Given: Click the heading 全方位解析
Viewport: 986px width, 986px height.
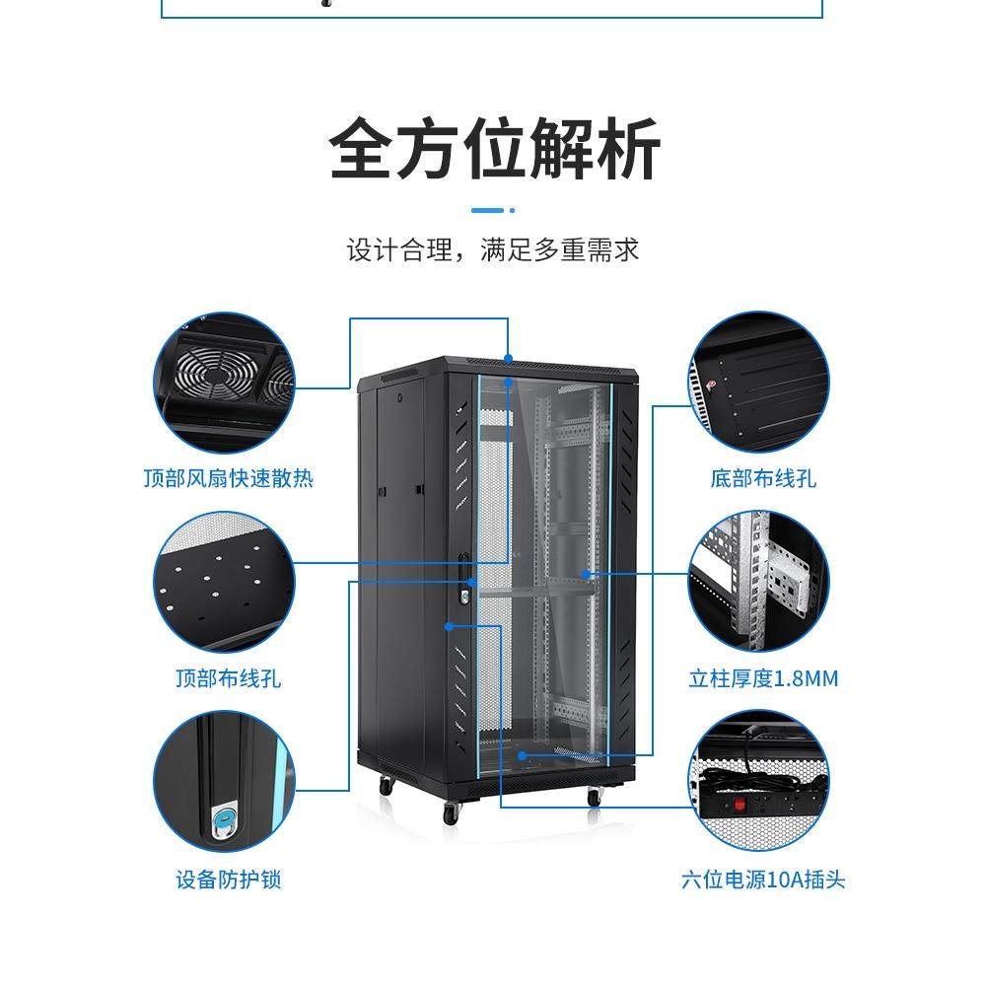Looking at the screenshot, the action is (x=493, y=148).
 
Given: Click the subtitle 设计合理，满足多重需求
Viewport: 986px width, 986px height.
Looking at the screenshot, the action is (x=493, y=248).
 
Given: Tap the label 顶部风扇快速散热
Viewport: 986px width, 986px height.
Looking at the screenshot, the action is (x=228, y=479).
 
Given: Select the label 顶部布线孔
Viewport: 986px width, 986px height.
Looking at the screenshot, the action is (x=228, y=678).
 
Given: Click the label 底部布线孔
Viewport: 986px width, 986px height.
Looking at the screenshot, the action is (x=763, y=479).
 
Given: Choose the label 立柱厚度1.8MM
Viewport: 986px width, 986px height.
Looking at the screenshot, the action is (x=763, y=678).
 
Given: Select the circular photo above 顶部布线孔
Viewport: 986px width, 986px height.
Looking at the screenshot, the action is (x=225, y=582).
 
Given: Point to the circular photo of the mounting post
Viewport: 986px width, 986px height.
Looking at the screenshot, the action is (x=759, y=582).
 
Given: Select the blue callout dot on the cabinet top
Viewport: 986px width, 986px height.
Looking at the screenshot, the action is (x=509, y=357).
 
